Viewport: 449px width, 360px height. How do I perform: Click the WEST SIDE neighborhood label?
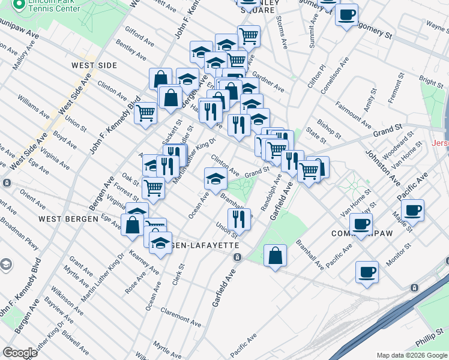tap(94, 65)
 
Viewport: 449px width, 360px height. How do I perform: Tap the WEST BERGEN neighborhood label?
tap(68, 219)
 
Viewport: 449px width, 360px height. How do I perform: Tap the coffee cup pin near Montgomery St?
tap(346, 14)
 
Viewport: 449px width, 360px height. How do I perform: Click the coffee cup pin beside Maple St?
tap(413, 210)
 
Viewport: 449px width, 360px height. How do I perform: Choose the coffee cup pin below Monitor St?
tap(367, 272)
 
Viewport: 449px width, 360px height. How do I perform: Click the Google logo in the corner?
tap(20, 353)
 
